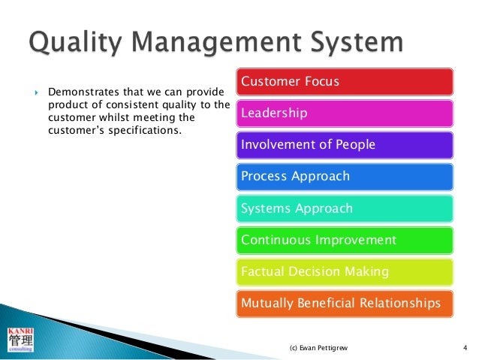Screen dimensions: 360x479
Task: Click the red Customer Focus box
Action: tap(345, 81)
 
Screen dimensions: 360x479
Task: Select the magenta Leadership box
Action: tap(345, 113)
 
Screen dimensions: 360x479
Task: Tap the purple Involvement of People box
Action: tap(345, 144)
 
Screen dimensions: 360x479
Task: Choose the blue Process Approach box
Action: tap(345, 177)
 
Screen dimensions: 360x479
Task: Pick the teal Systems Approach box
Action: tap(345, 208)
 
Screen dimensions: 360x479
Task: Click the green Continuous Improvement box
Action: tap(345, 241)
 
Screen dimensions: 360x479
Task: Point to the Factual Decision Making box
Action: tap(345, 272)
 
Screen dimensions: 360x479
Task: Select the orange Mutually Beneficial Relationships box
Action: tap(345, 304)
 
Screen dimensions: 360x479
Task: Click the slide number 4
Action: tap(465, 348)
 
